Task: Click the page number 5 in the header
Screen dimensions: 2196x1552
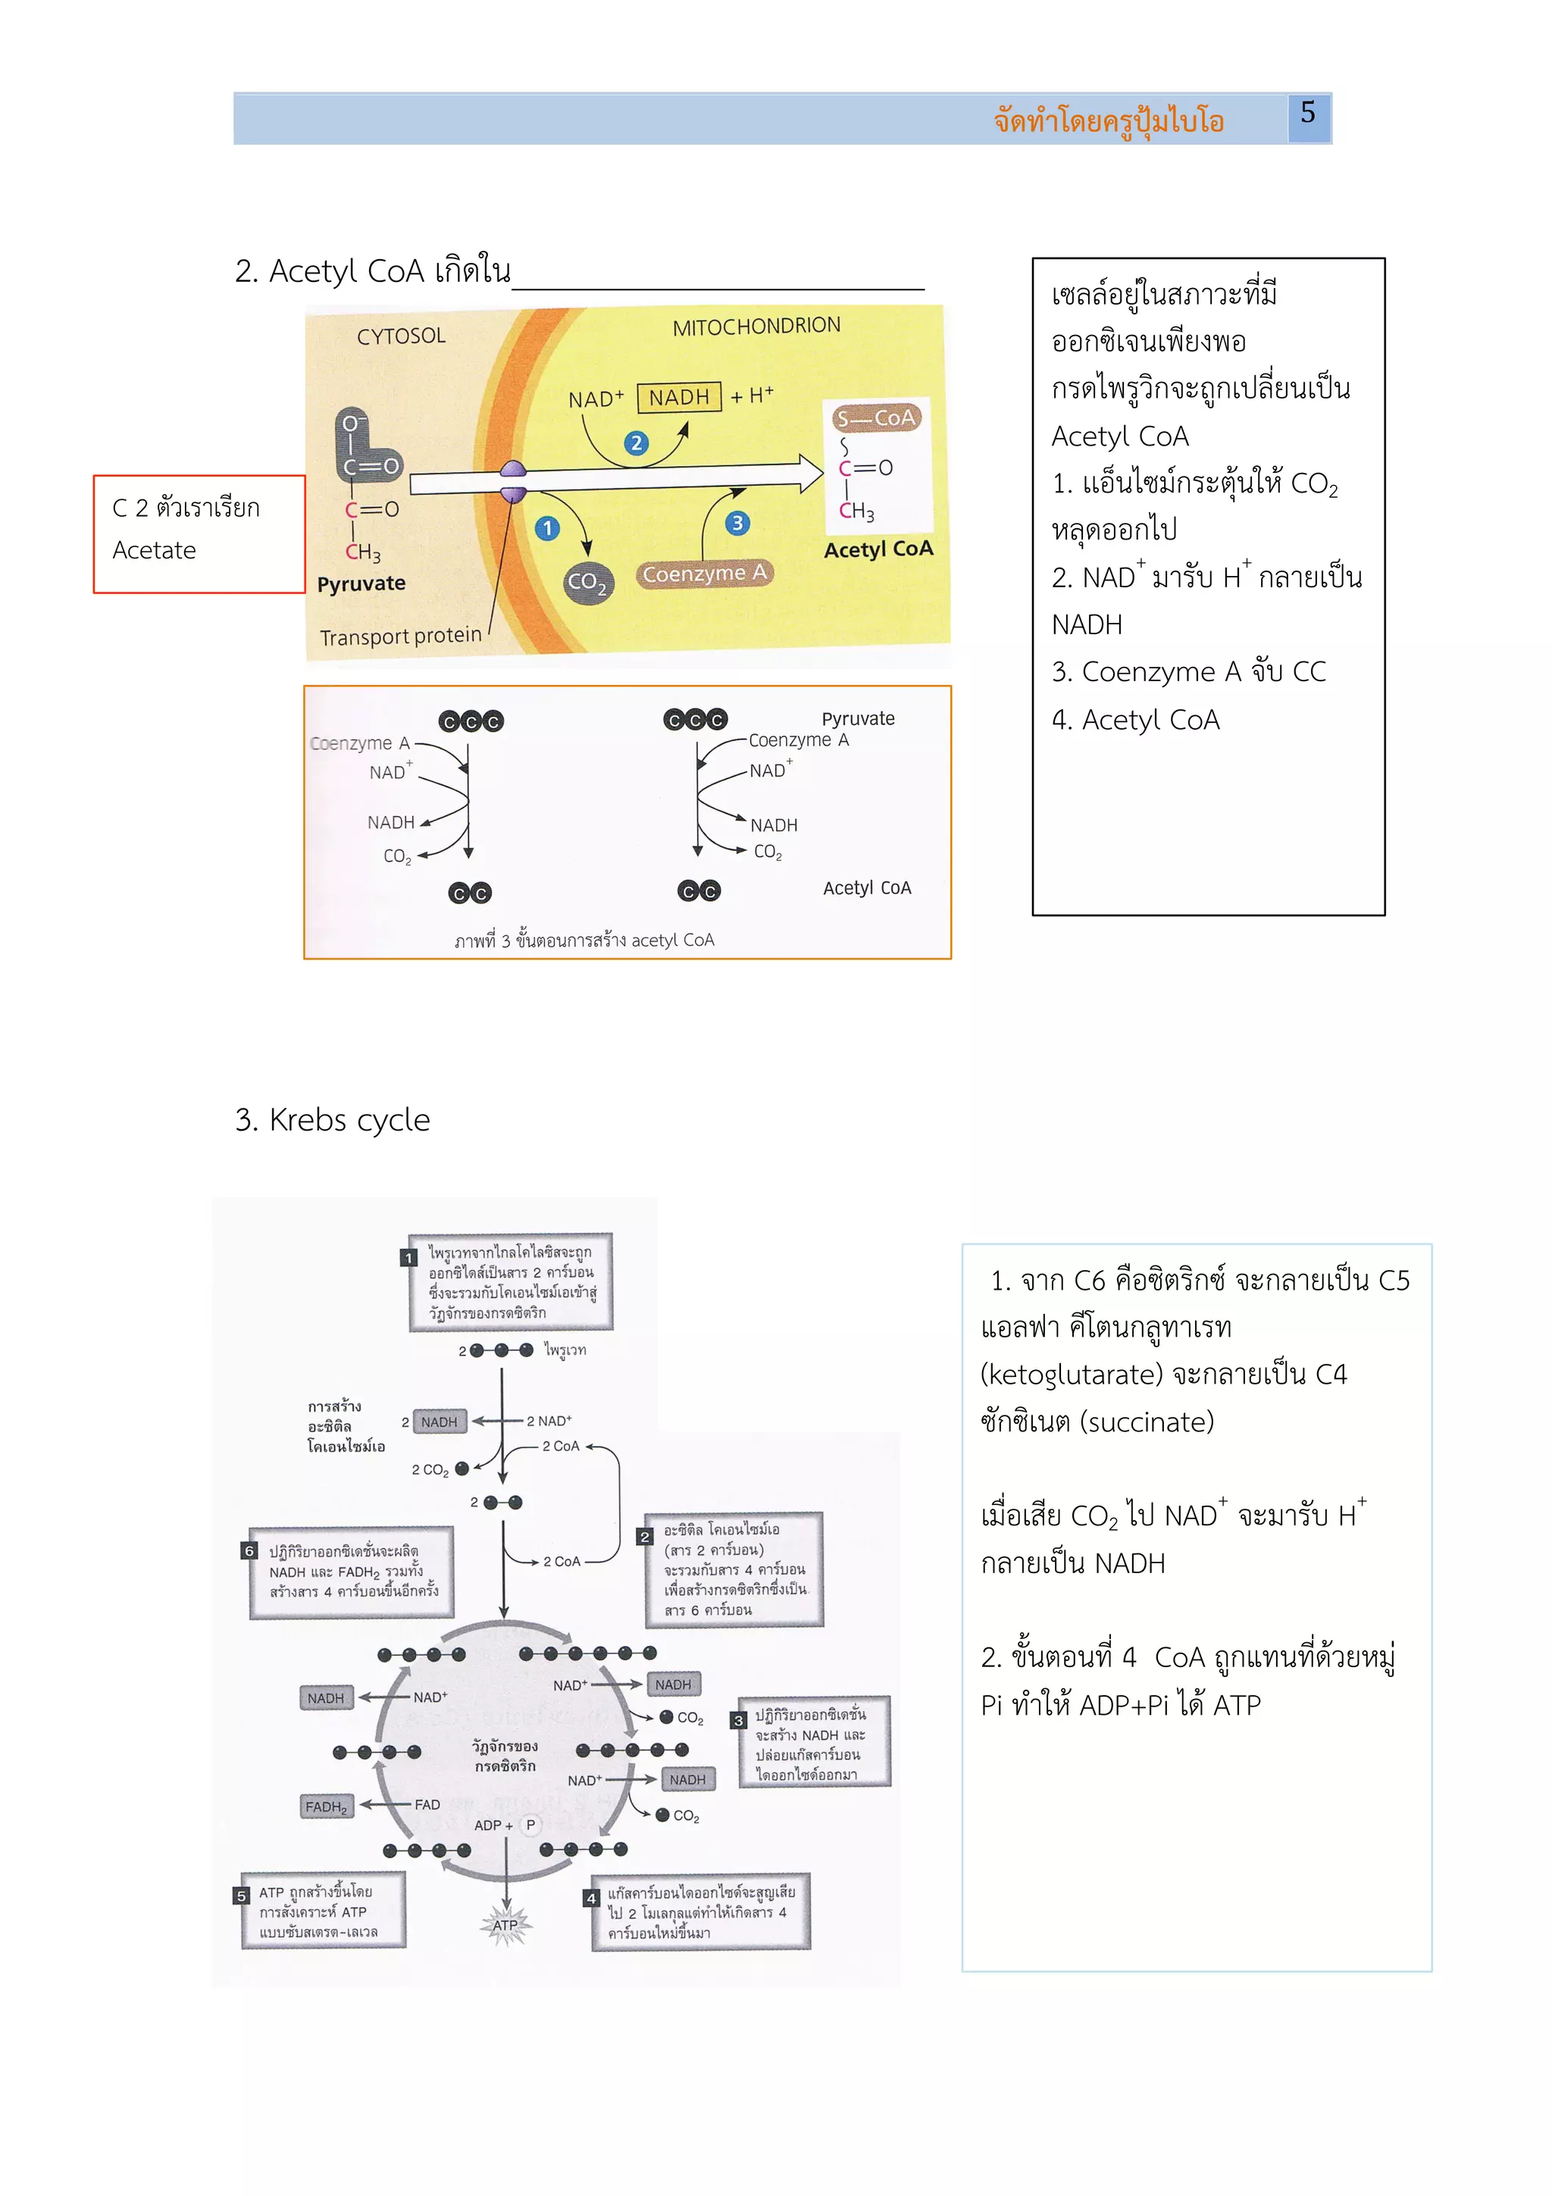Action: (1307, 114)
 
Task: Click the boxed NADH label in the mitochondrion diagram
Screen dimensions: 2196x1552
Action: (679, 397)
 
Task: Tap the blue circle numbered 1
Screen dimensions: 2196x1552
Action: (547, 528)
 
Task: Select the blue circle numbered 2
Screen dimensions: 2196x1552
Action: (636, 443)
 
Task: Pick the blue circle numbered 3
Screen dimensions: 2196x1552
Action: (737, 523)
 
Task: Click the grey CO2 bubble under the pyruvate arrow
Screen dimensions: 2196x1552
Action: (587, 581)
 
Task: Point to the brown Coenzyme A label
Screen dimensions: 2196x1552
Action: (704, 574)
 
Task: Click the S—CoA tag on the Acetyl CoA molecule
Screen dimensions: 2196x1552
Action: (876, 418)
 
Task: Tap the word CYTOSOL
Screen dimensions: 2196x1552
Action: (401, 336)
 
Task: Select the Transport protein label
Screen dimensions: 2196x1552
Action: (401, 636)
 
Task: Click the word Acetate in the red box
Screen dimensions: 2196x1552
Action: (154, 551)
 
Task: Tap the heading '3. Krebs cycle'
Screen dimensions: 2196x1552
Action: (333, 1119)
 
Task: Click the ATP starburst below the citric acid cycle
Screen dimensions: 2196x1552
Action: (505, 1925)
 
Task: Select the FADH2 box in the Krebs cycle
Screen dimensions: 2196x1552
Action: (326, 1807)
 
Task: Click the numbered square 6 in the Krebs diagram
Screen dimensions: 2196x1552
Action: (249, 1550)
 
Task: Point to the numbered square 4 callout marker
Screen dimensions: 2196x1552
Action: (592, 1897)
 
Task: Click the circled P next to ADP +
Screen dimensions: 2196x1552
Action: (530, 1825)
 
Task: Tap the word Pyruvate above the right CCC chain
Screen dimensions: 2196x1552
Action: (858, 718)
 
